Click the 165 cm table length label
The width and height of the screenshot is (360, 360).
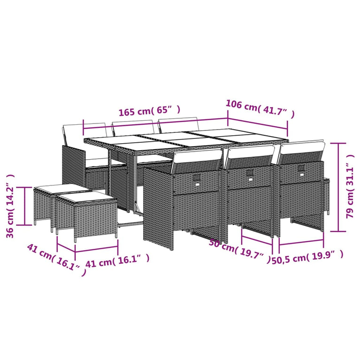pos(149,111)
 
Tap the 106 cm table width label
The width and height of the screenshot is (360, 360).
pos(260,108)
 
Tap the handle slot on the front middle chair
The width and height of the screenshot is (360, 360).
pos(250,175)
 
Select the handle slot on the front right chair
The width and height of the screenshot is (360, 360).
pos(300,169)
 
